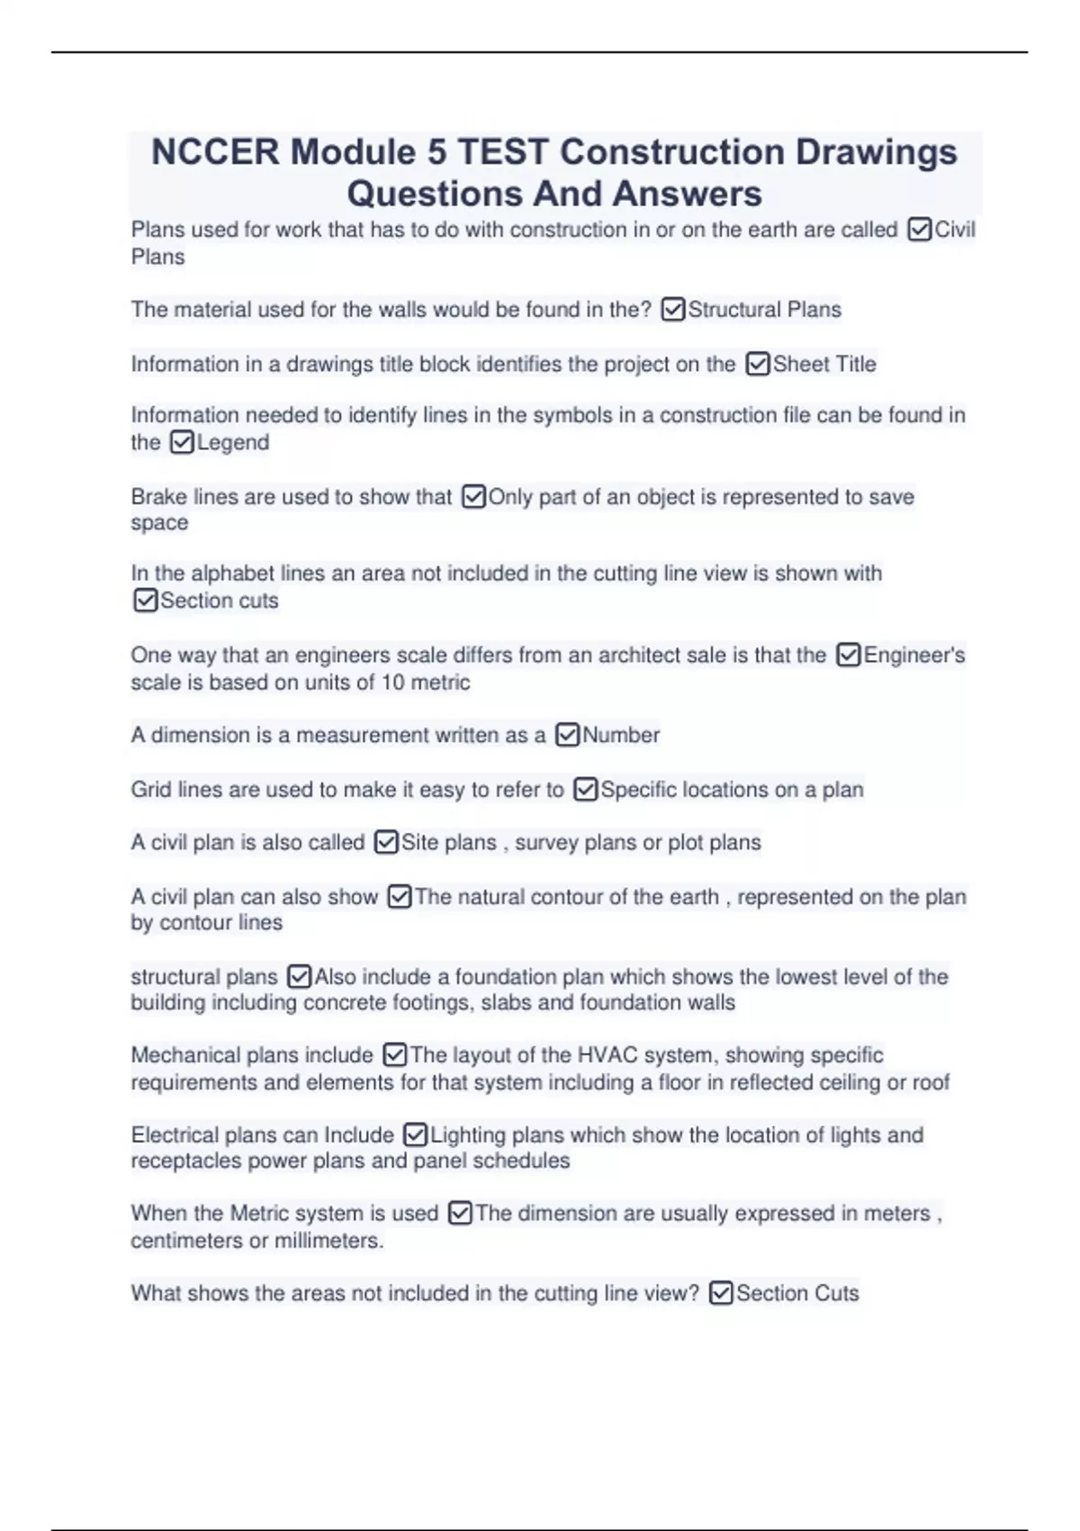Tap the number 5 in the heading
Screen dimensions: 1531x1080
(x=436, y=152)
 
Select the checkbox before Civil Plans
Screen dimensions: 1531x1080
(x=920, y=231)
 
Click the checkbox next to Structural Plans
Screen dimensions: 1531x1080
(x=673, y=311)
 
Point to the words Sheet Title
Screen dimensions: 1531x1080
(x=824, y=365)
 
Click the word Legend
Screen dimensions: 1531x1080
(x=233, y=443)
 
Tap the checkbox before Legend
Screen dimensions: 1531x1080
(x=182, y=443)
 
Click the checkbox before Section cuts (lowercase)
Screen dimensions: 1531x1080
(x=145, y=601)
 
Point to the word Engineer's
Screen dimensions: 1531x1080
(x=914, y=656)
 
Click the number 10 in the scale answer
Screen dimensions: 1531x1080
(x=393, y=683)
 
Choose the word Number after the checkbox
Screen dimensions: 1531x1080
(x=621, y=736)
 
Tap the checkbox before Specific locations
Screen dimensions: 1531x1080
(x=585, y=790)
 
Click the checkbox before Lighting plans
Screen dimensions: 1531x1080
(x=415, y=1136)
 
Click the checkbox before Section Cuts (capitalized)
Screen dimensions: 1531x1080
(x=721, y=1294)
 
